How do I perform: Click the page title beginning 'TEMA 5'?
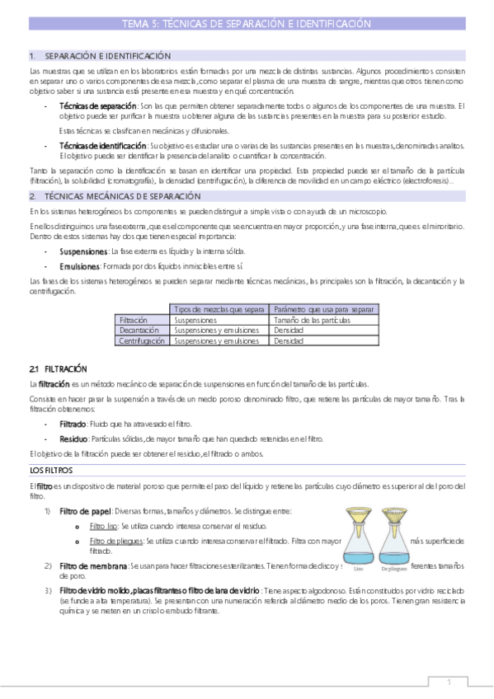coord(246,25)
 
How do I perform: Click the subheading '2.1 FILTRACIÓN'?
coord(58,368)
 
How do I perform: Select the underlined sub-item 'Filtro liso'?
coord(104,525)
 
